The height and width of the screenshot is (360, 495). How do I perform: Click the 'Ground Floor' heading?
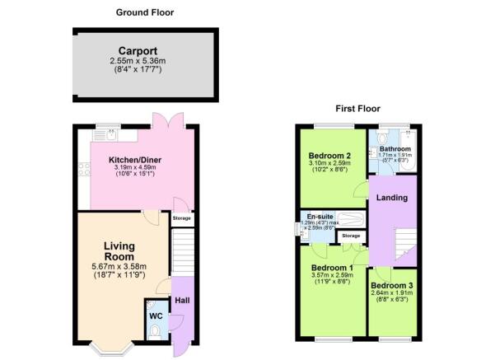tap(145, 12)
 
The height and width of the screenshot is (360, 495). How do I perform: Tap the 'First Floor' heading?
tap(357, 109)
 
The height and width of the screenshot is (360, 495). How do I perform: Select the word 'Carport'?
tap(138, 49)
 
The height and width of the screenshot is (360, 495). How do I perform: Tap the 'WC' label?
tap(156, 316)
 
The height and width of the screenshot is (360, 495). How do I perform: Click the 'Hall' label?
tap(181, 300)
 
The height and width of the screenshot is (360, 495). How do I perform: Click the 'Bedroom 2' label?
tap(330, 156)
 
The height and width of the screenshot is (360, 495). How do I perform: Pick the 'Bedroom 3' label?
tap(392, 286)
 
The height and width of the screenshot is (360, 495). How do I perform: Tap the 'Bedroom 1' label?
tap(332, 268)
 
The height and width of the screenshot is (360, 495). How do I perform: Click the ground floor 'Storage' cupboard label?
tap(182, 218)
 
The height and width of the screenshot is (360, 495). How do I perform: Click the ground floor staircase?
tap(181, 250)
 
